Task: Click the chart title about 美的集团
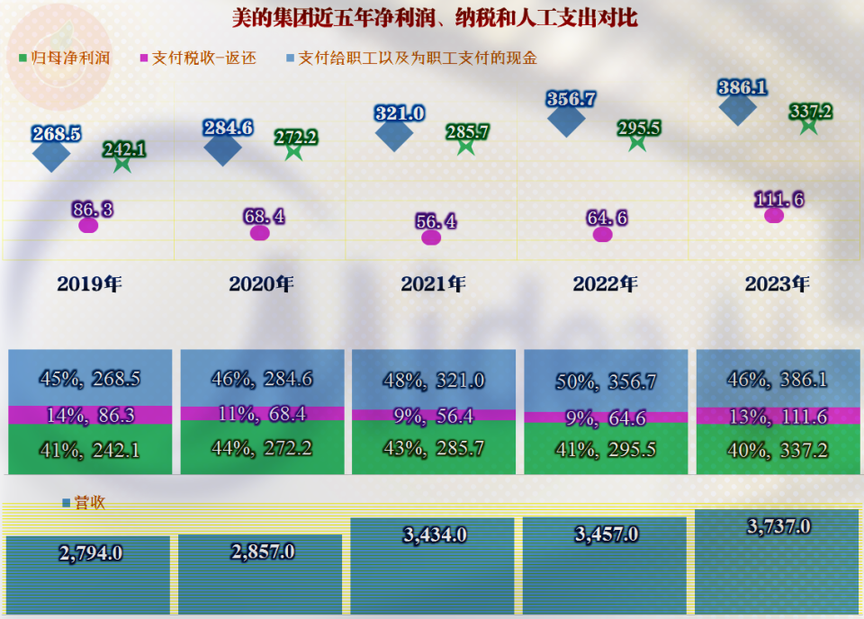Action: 434,18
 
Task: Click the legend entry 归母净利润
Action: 65,58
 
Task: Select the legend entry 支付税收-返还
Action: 198,58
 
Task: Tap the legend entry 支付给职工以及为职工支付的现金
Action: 411,58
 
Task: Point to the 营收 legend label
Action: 84,502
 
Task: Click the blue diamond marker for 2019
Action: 51,154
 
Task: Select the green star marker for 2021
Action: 465,146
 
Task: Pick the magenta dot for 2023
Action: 774,215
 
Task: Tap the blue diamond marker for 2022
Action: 566,120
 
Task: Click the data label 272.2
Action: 296,137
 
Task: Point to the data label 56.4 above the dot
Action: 436,221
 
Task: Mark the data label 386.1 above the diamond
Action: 742,87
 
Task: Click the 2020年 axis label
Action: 261,283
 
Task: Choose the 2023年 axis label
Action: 777,283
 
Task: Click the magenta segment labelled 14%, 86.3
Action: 90,415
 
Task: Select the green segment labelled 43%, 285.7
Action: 434,447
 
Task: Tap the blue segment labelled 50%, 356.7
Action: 606,381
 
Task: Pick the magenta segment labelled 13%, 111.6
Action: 778,416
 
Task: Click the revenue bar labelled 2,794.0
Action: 88,575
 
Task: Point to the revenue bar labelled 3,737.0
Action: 777,561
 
